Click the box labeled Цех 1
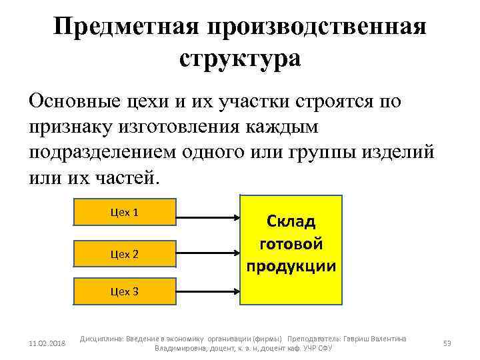pos(124,213)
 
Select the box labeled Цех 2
pos(124,253)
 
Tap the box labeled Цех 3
pos(124,291)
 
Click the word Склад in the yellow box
pos(291,221)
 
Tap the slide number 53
pos(447,343)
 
